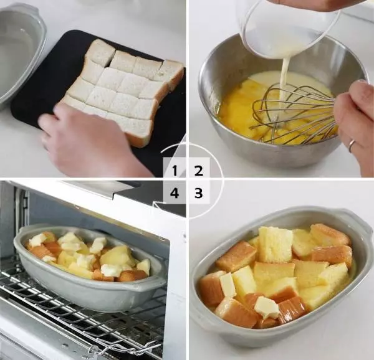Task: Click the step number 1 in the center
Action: point(175,169)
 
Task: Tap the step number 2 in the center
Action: point(198,169)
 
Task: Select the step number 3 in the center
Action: point(198,193)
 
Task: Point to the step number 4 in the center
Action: point(175,193)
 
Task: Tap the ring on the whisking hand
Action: point(352,145)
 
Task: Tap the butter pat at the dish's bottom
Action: point(266,306)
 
